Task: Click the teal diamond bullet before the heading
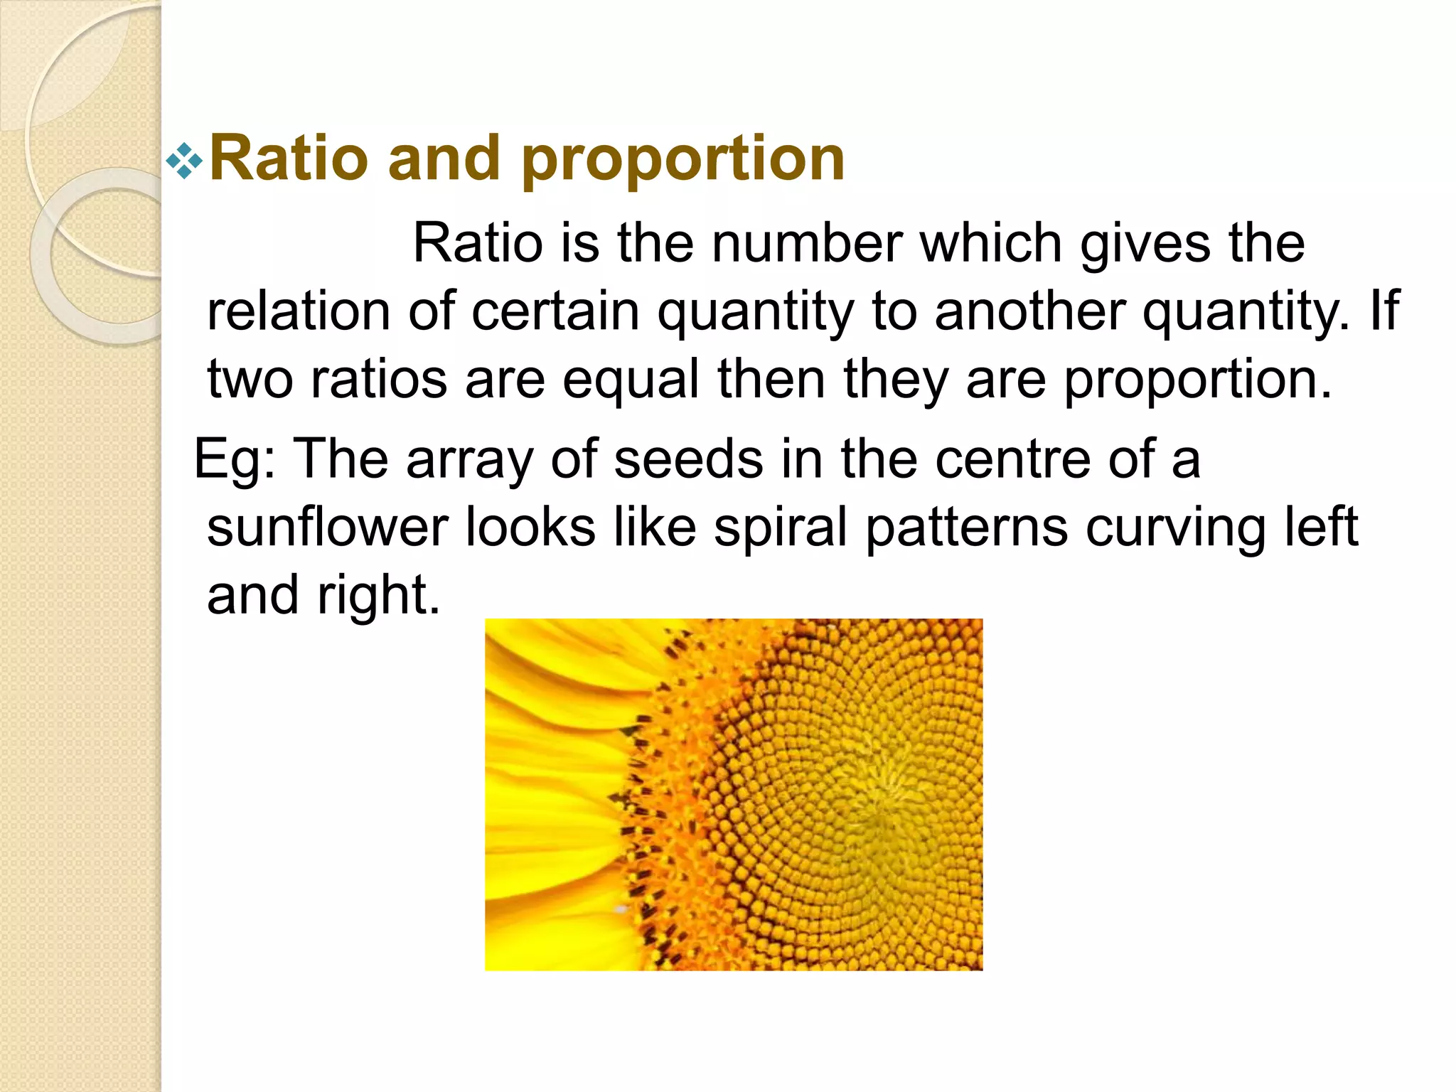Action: (x=184, y=161)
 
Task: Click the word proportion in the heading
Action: (x=683, y=159)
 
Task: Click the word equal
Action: (x=631, y=380)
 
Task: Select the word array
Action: (x=469, y=459)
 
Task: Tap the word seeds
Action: (x=688, y=459)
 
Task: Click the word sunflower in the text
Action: (x=327, y=528)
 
